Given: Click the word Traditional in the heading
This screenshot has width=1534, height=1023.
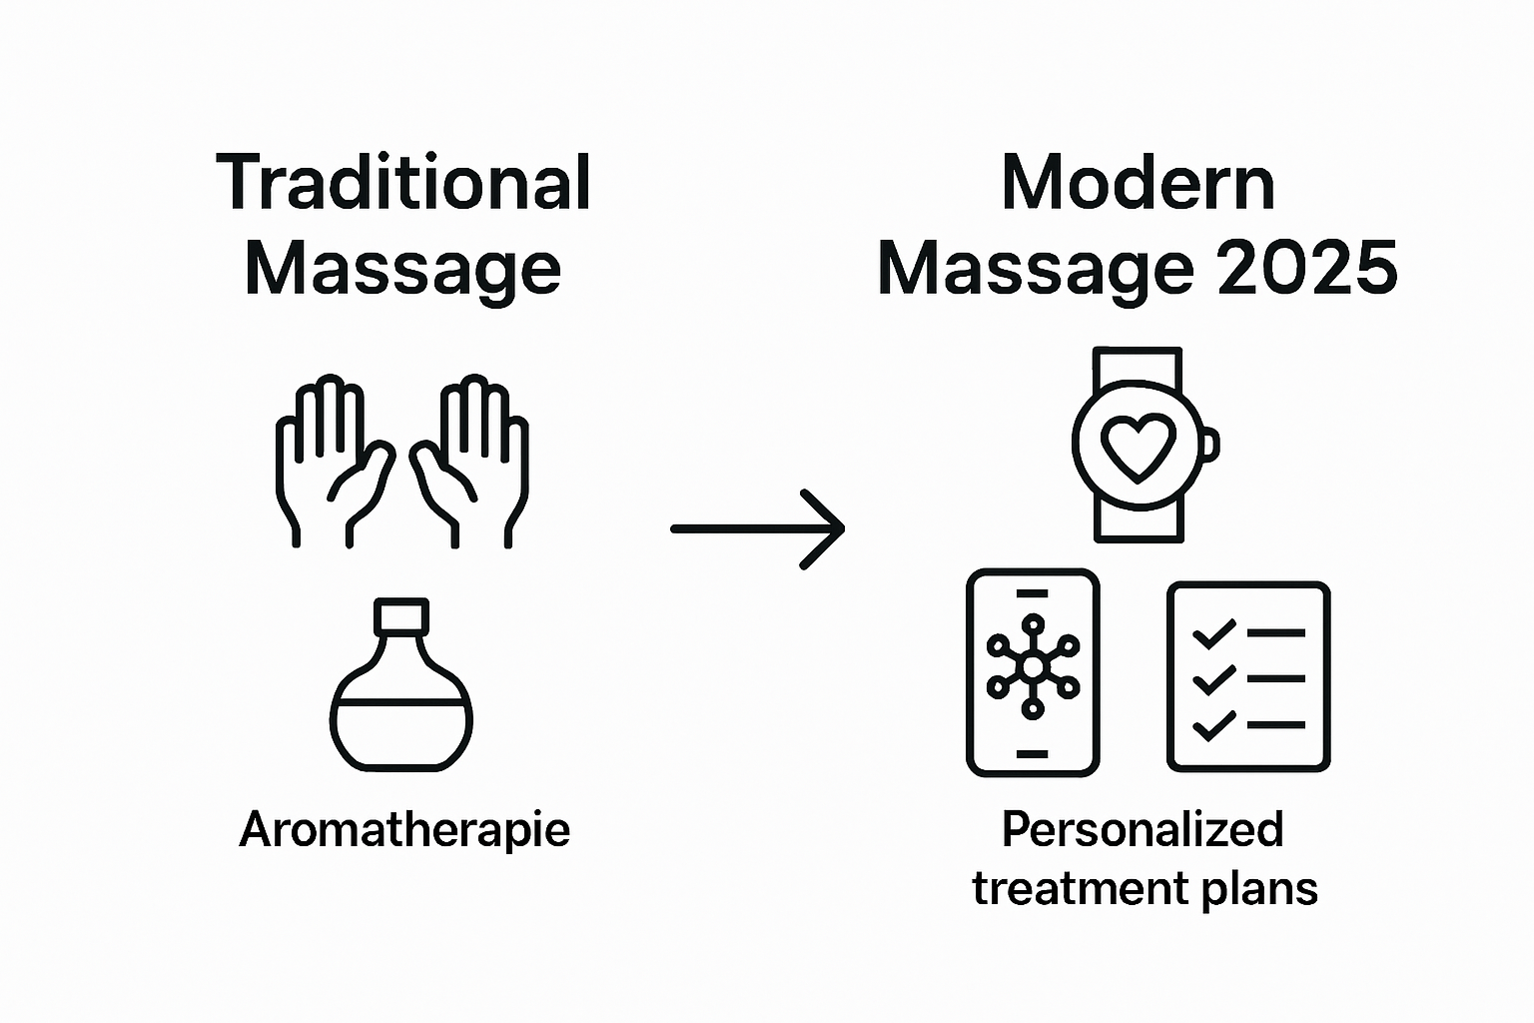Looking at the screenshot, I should tap(403, 183).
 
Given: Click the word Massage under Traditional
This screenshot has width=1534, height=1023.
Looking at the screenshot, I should tap(402, 269).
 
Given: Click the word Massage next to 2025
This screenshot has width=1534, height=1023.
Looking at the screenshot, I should tap(1036, 269).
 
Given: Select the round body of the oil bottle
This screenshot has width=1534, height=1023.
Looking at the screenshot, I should tap(401, 714).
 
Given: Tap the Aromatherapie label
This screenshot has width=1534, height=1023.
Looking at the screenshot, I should tap(404, 830).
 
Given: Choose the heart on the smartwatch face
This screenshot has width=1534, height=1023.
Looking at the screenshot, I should tap(1138, 446).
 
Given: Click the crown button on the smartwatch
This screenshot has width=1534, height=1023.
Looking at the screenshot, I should tap(1210, 445).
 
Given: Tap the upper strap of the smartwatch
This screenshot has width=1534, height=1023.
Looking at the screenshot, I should tap(1138, 366).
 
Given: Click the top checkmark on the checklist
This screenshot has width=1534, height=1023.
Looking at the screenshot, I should tap(1213, 633).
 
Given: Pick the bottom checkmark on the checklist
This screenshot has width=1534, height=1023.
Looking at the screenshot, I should tap(1213, 725).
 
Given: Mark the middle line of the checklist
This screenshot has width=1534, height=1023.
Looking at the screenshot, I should tap(1275, 678).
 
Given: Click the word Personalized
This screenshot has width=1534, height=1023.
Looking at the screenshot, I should tap(1143, 830).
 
